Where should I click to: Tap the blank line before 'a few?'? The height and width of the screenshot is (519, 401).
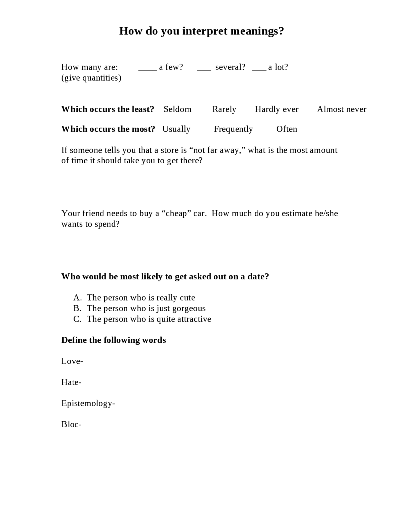pyautogui.click(x=147, y=70)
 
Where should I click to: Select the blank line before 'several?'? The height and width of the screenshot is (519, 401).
pyautogui.click(x=204, y=70)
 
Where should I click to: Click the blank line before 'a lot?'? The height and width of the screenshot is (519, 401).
pyautogui.click(x=259, y=70)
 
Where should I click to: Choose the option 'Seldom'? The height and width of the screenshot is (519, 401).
pyautogui.click(x=177, y=109)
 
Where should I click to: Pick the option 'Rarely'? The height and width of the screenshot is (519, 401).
pyautogui.click(x=224, y=109)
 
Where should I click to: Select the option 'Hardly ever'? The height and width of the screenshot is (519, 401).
pyautogui.click(x=277, y=109)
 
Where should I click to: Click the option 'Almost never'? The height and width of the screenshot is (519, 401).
pyautogui.click(x=341, y=109)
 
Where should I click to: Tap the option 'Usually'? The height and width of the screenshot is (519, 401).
pyautogui.click(x=176, y=129)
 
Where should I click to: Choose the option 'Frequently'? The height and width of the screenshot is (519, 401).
pyautogui.click(x=233, y=129)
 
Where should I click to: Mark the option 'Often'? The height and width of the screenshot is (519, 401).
pyautogui.click(x=286, y=129)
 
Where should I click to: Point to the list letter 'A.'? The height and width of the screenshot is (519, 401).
pyautogui.click(x=77, y=297)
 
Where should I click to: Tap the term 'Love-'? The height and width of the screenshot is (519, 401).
pyautogui.click(x=72, y=361)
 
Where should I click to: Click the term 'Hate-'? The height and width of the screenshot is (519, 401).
pyautogui.click(x=71, y=382)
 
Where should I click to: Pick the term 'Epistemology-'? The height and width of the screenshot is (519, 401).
pyautogui.click(x=88, y=403)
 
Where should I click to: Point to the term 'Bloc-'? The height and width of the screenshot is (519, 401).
pyautogui.click(x=71, y=424)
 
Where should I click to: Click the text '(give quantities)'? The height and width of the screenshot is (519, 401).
pyautogui.click(x=91, y=78)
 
